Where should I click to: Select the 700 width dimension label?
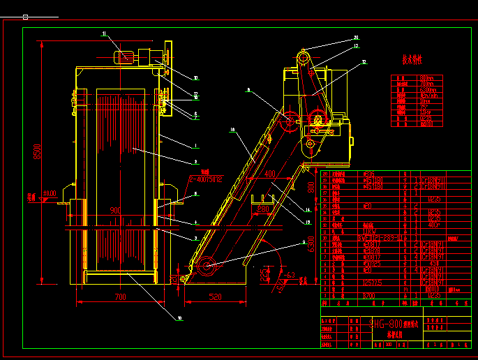pyautogui.click(x=119, y=297)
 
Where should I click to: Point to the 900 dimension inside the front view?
pyautogui.click(x=116, y=210)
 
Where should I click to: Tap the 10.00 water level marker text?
pyautogui.click(x=49, y=193)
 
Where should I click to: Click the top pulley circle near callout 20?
pyautogui.click(x=304, y=54)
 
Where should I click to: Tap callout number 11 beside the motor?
pyautogui.click(x=105, y=33)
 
